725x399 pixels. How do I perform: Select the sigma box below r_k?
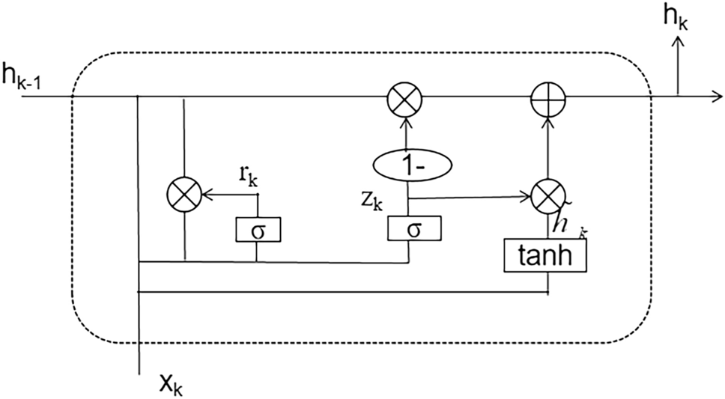click(x=257, y=228)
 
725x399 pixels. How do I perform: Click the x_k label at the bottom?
click(x=171, y=384)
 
